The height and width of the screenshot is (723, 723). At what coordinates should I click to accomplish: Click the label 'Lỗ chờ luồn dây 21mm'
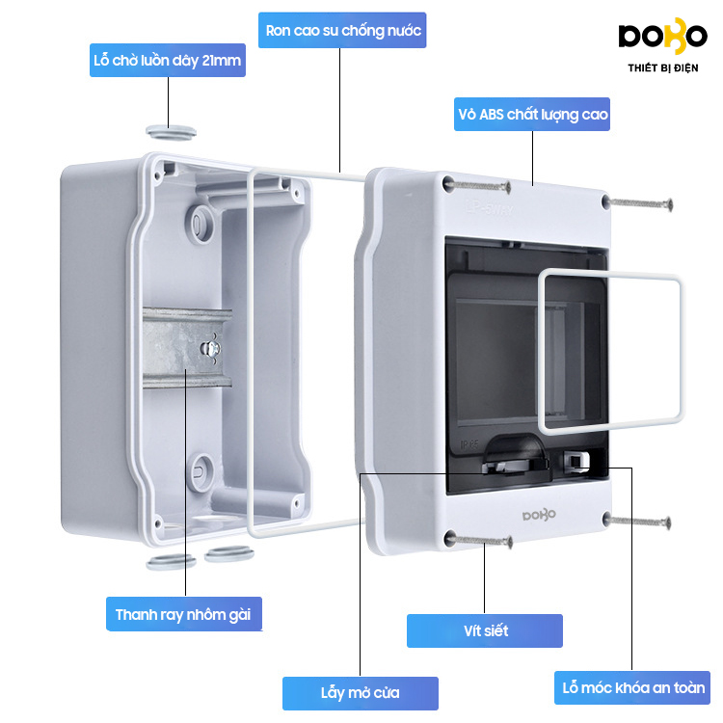pyautogui.click(x=168, y=62)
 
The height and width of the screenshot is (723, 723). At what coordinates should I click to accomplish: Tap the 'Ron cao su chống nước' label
pyautogui.click(x=344, y=31)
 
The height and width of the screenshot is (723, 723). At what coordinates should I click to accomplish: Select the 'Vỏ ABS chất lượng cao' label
pyautogui.click(x=533, y=115)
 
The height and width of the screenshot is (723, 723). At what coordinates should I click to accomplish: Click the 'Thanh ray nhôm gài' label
pyautogui.click(x=183, y=614)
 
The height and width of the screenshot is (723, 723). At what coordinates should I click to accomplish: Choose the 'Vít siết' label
pyautogui.click(x=485, y=631)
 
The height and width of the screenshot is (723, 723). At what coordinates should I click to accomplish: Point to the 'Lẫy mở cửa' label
pyautogui.click(x=360, y=692)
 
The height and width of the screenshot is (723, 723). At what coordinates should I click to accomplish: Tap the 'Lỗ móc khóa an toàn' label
pyautogui.click(x=633, y=688)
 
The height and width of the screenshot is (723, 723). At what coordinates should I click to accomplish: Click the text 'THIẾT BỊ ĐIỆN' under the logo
pyautogui.click(x=662, y=68)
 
